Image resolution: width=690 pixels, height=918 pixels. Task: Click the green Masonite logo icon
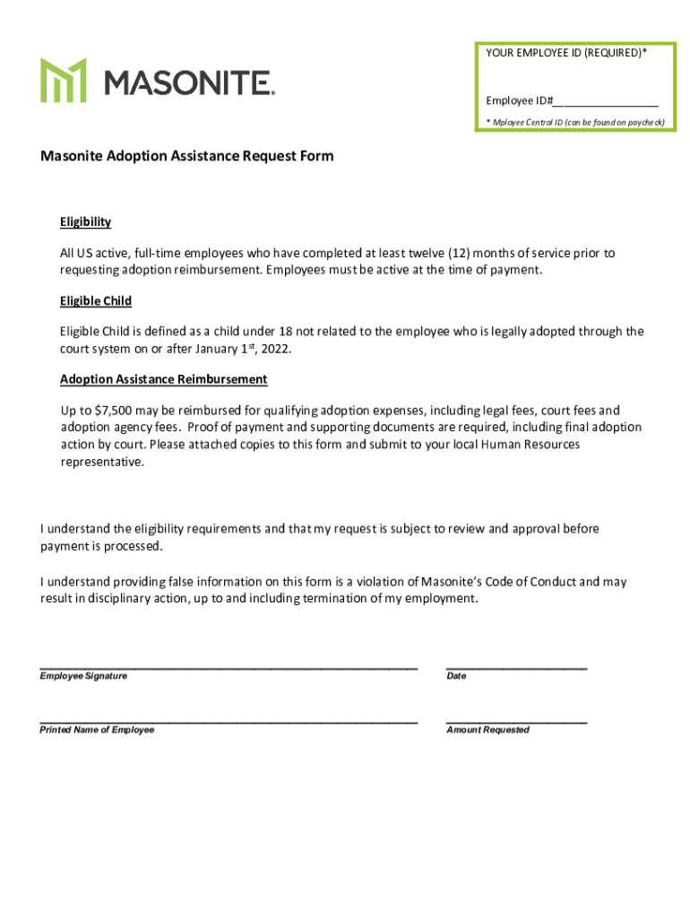pos(63,80)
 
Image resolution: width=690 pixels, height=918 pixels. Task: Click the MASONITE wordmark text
pos(190,83)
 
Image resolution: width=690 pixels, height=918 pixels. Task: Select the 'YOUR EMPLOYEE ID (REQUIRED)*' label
pos(566,53)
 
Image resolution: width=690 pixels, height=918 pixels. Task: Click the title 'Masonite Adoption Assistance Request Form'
pos(186,156)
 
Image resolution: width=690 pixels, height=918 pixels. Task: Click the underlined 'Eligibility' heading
pos(85,222)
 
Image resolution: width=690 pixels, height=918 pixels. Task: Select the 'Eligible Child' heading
pos(96,301)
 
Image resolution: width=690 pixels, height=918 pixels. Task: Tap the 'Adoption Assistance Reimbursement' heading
pos(163,379)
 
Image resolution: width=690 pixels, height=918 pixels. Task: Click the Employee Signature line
pos(229,667)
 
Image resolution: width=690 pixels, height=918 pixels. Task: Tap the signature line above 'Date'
pos(516,667)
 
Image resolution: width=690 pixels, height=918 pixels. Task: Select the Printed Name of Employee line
pos(229,721)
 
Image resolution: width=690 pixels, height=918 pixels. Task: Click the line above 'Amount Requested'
pos(516,721)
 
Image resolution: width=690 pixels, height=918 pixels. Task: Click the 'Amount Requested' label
pos(487,731)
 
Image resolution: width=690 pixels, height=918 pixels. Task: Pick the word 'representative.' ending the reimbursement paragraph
pos(101,463)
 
